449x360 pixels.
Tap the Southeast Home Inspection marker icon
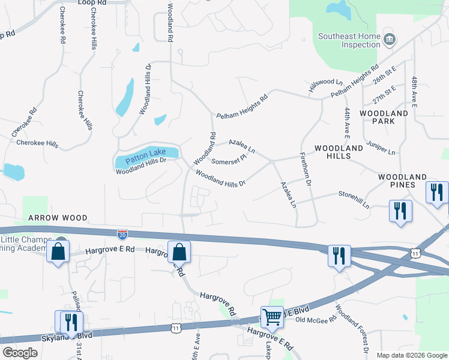click(390, 40)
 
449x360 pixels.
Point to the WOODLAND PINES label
click(402, 181)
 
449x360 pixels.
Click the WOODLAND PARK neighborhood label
click(384, 117)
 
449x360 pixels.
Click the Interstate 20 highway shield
click(122, 233)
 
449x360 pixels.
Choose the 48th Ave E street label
click(414, 91)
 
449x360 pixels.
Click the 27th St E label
click(384, 94)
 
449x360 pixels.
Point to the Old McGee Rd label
click(316, 321)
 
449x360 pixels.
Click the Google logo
click(20, 353)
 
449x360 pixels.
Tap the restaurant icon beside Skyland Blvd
click(70, 320)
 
